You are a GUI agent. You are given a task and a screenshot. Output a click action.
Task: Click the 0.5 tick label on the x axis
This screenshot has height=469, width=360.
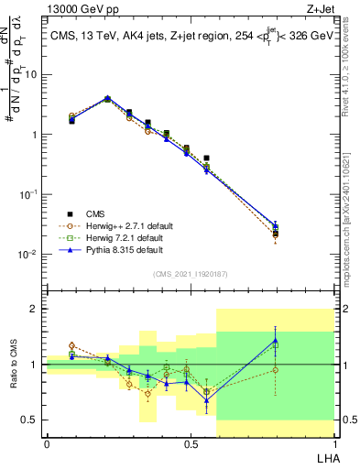click(x=190, y=443)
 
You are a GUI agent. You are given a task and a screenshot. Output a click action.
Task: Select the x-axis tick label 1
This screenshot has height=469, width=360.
click(x=334, y=443)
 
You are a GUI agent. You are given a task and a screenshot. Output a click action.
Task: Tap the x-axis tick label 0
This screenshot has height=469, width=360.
click(x=46, y=443)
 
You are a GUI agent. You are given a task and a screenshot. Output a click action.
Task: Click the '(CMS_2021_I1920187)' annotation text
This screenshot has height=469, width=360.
click(x=190, y=274)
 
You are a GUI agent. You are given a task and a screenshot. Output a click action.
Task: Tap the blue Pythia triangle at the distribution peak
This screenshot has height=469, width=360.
click(x=107, y=98)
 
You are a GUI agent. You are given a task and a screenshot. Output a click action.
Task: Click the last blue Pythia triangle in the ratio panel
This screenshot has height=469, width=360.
click(x=276, y=340)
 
